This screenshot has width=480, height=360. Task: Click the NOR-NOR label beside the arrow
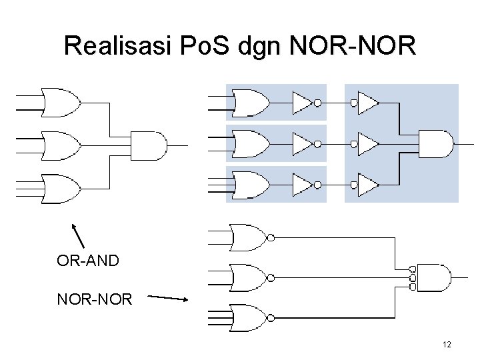(x=95, y=299)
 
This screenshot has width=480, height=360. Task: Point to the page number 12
(x=447, y=345)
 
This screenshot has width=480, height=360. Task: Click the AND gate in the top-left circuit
(x=149, y=145)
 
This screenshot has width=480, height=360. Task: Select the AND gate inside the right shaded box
(x=437, y=143)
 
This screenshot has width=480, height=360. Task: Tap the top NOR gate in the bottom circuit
(x=247, y=237)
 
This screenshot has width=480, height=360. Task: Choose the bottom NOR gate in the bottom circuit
(x=247, y=317)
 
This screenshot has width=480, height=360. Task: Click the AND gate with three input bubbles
(x=433, y=277)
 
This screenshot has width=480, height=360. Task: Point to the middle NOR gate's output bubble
(x=270, y=277)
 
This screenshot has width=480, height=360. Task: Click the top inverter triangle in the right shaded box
(x=367, y=103)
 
